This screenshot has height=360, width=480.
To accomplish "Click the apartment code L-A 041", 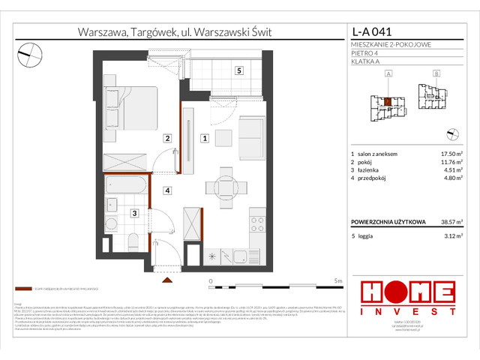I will [373, 32].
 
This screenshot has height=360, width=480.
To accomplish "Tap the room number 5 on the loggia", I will [238, 71].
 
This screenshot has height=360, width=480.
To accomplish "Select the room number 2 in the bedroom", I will [169, 138].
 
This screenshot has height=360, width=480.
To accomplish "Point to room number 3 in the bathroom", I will [133, 214].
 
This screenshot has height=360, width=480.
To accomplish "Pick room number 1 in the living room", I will [204, 138].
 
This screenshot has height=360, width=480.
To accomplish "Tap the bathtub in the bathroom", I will [130, 182].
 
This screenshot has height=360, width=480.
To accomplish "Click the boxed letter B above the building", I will [437, 73].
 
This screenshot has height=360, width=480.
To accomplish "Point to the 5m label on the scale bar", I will [339, 280].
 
